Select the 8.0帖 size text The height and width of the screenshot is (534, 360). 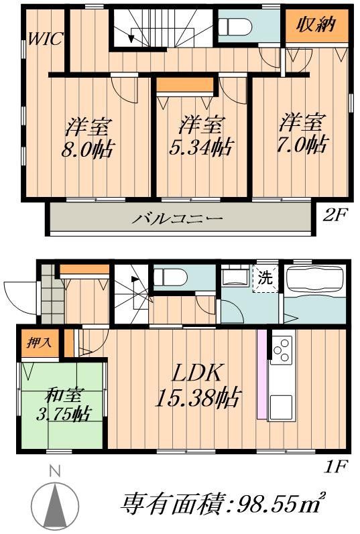88,147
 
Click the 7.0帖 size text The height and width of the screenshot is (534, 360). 304,144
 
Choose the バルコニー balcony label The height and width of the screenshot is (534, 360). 177,218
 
